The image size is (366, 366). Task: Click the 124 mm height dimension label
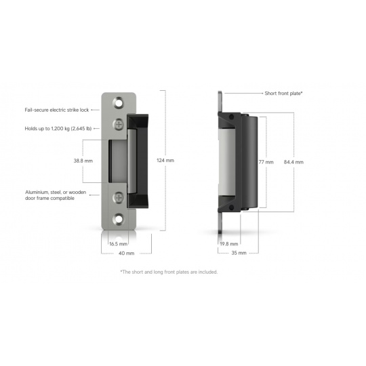coord(165,161)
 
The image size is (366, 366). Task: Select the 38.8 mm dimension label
coord(83,161)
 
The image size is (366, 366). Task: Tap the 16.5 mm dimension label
coord(119,244)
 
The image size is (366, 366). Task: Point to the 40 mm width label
coord(126,253)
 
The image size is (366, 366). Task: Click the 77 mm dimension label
coord(266,162)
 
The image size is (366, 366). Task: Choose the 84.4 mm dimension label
coord(293,162)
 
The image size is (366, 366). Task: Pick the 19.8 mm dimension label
coord(229,244)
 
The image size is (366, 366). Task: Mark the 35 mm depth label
coord(239,253)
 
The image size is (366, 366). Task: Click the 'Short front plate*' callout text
coord(283,94)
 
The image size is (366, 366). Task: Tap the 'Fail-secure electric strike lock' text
coord(57,110)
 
